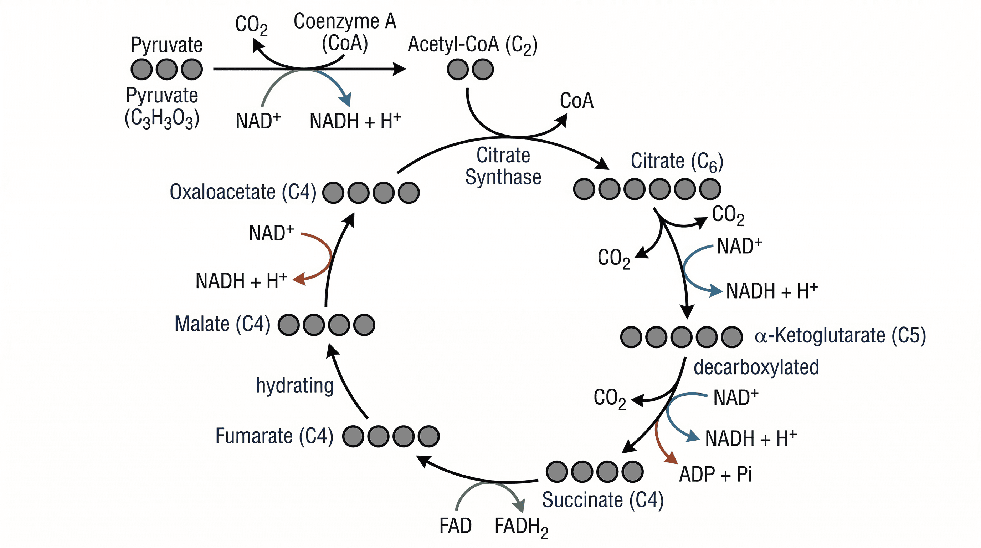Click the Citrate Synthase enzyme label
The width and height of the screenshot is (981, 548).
click(503, 166)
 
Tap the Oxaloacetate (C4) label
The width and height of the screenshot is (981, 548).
click(243, 192)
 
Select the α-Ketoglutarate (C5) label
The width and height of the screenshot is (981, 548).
click(840, 336)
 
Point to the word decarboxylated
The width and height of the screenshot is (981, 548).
click(756, 367)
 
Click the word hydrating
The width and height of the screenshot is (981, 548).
click(294, 385)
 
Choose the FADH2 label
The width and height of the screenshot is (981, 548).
click(521, 526)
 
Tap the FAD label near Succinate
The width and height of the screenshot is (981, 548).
click(455, 526)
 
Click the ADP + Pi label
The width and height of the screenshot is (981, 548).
click(715, 475)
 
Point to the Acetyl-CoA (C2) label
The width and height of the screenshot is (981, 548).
click(472, 45)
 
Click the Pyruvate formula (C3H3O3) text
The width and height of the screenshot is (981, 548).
click(162, 118)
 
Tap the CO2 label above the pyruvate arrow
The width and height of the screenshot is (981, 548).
click(251, 25)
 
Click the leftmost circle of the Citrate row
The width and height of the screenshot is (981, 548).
click(584, 189)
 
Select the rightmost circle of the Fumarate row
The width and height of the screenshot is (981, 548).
click(428, 436)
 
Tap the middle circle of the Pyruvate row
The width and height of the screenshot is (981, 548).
click(166, 69)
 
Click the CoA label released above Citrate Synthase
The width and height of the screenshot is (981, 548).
click(576, 101)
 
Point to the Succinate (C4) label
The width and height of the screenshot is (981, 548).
click(602, 500)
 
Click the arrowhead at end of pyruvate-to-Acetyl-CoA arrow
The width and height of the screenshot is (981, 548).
click(400, 69)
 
